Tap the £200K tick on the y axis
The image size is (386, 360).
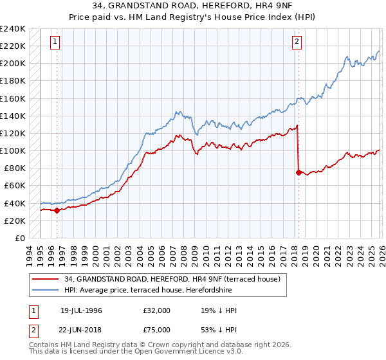point(12,64)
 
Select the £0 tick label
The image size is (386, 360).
point(19,238)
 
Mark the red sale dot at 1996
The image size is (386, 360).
point(57,210)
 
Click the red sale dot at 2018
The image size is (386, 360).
point(299,172)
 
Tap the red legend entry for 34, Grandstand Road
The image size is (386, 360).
point(172,280)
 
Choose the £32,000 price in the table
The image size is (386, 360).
point(157,310)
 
